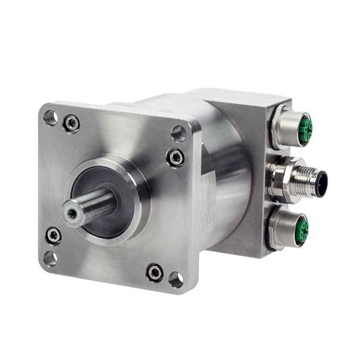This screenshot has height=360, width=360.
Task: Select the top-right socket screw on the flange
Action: click(175, 158)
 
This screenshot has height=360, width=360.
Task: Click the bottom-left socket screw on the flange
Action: click(53, 235)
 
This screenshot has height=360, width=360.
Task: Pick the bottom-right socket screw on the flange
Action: click(154, 272)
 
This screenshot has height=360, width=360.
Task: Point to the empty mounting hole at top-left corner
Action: click(50, 118)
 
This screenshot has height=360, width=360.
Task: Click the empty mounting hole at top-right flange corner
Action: click(178, 134)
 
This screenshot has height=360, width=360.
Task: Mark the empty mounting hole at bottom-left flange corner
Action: click(50, 258)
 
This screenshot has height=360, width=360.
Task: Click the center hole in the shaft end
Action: click(72, 214)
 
